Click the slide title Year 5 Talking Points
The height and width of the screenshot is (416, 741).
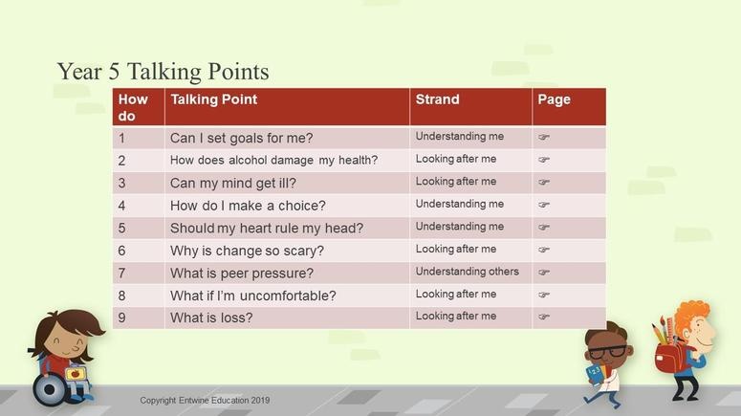[x=163, y=72]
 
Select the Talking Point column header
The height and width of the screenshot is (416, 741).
[x=213, y=99]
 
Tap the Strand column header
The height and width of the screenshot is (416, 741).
[x=437, y=99]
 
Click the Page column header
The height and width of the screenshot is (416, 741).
[x=554, y=99]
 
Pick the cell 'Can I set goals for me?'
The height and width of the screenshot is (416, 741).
[x=242, y=138]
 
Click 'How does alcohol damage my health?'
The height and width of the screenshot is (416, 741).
[x=273, y=161]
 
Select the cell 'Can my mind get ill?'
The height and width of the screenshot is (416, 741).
[x=233, y=183]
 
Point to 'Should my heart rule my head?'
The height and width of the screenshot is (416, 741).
[x=267, y=229]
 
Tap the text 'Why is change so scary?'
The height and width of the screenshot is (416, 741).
[x=247, y=251]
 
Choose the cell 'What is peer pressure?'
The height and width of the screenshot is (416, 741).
[x=242, y=274]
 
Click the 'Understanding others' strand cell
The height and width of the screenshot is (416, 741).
[x=467, y=272]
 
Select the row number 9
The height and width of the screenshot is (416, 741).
[x=122, y=317]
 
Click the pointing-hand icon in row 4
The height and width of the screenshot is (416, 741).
[x=544, y=205]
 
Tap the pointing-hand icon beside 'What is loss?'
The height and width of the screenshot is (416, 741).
[x=544, y=317]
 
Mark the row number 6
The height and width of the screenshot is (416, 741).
[x=122, y=251]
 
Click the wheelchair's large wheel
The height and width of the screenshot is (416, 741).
[x=49, y=389]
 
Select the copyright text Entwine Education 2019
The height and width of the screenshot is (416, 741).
[x=205, y=401]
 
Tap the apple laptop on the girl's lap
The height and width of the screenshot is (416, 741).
[x=76, y=375]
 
